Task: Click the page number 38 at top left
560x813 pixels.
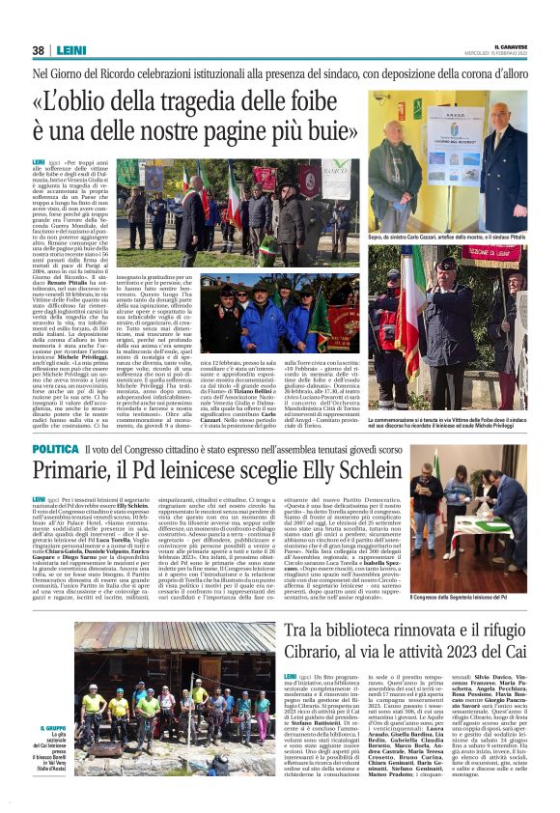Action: pyautogui.click(x=38, y=50)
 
